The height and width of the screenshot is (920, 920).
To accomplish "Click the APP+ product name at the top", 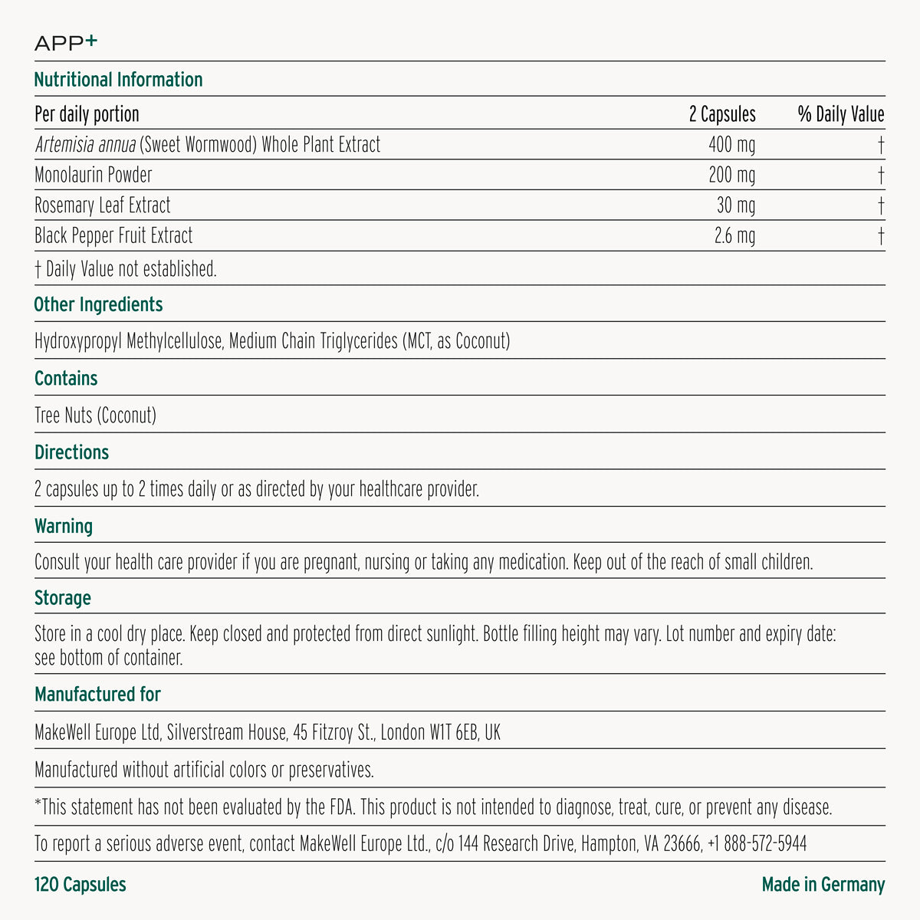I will pos(66,44).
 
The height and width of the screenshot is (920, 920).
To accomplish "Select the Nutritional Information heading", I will pos(118,80).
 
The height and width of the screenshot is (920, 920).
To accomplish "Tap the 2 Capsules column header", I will pos(721,115).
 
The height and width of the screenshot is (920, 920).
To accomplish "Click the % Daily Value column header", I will pos(840,115).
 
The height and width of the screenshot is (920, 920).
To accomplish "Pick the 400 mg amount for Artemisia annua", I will pos(731,145).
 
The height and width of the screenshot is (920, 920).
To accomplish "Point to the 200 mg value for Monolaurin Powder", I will pos(731,176).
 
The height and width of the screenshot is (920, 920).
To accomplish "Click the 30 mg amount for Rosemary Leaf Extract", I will pos(736,205).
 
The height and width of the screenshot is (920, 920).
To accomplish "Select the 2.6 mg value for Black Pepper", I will pos(734,236).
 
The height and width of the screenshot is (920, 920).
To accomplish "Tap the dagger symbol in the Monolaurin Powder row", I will pos(882,176).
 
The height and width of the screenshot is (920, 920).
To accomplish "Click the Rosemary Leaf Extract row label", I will pos(103,205).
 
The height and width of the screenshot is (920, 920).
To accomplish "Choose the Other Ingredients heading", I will pos(98,304).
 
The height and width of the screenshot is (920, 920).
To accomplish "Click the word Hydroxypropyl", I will pos(78,341).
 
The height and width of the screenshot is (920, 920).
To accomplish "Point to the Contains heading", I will pos(66,379).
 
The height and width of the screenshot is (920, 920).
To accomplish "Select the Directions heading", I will pos(71,452).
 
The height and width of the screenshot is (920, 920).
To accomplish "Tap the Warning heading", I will pos(64,527).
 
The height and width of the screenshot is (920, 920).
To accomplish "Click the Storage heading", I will pos(63,598).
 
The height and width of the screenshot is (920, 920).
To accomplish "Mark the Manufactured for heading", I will pos(97,695).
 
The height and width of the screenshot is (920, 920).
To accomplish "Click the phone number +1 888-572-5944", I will pos(757,845).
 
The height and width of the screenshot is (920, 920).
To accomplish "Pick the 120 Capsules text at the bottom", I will pos(80,885).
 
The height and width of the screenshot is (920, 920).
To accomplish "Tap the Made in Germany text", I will pos(823,885).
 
